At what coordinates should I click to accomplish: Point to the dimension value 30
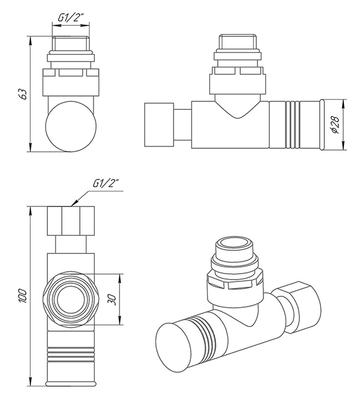tap(112, 299)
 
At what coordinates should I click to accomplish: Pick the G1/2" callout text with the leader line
tap(107, 184)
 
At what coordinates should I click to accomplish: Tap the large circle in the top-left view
tap(70, 127)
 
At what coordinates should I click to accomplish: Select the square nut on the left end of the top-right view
tap(158, 125)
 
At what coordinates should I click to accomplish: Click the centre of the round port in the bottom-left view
tap(70, 298)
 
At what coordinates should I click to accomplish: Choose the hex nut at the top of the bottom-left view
tap(71, 221)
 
